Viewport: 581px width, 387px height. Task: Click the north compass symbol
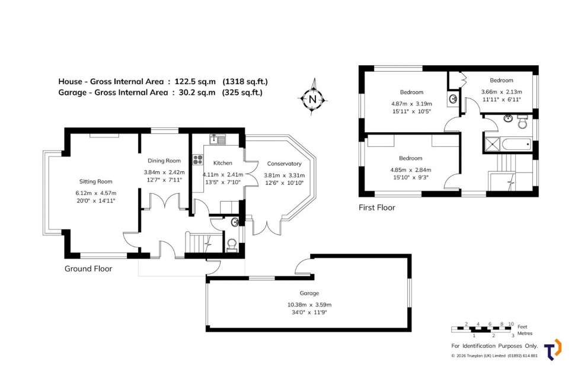coord(312,99)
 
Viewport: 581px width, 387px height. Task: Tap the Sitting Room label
coord(96,182)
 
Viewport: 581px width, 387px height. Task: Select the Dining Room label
coord(164,161)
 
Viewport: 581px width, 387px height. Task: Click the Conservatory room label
coord(284,164)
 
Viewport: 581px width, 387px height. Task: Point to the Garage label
coord(309,293)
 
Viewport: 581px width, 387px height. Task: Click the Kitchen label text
coord(222,163)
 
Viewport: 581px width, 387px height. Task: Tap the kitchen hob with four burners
coord(197,159)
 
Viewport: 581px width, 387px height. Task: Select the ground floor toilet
coord(232,245)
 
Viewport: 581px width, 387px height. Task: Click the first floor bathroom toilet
coord(522,123)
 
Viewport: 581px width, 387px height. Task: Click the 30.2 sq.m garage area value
coord(197,92)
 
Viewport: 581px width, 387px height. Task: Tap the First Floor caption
coord(376,207)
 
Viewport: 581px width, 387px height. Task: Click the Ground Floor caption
coord(88,268)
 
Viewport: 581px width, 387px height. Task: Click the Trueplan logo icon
coord(553,350)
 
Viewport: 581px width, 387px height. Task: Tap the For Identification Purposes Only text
coord(494,346)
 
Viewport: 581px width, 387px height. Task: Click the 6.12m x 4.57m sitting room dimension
coord(96,193)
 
